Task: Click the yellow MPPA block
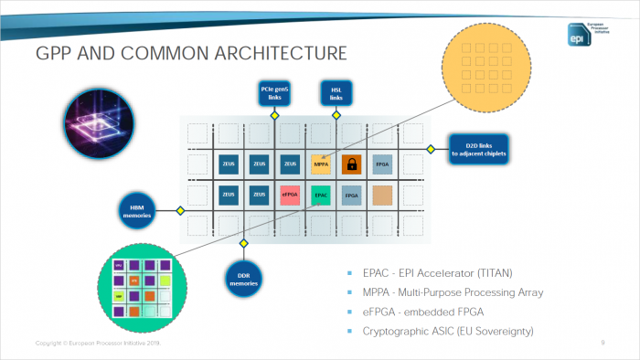pyautogui.click(x=321, y=165)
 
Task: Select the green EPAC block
pyautogui.click(x=321, y=195)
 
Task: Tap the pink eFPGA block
pyautogui.click(x=290, y=195)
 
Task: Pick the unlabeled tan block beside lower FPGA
pyautogui.click(x=383, y=195)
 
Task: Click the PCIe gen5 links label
pyautogui.click(x=274, y=92)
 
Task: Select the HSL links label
pyautogui.click(x=336, y=92)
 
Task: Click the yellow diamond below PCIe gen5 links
pyautogui.click(x=274, y=117)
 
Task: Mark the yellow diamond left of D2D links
pyautogui.click(x=429, y=148)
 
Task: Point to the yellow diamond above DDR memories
pyautogui.click(x=243, y=243)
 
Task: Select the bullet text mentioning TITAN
pyautogui.click(x=425, y=273)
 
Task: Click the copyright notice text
pyautogui.click(x=96, y=343)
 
